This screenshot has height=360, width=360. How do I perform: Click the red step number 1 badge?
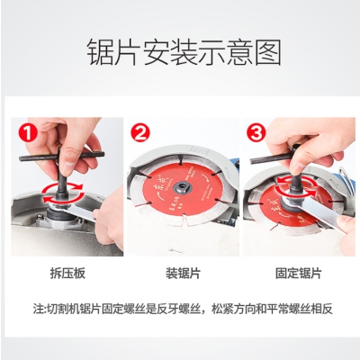pyautogui.click(x=27, y=133)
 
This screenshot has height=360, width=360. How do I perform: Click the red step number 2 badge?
pyautogui.click(x=140, y=133)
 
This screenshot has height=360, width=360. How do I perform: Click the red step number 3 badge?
pyautogui.click(x=256, y=133)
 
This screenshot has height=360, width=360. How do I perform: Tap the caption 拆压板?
pyautogui.click(x=67, y=274)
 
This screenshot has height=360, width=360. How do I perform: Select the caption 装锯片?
pyautogui.click(x=183, y=274)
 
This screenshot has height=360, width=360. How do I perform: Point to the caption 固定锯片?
pyautogui.click(x=299, y=274)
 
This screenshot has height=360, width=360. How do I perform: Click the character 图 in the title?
pyautogui.click(x=268, y=53)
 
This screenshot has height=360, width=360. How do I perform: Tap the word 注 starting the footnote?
pyautogui.click(x=39, y=310)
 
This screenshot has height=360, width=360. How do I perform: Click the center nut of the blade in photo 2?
pyautogui.click(x=182, y=188)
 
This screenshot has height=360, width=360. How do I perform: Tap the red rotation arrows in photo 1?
pyautogui.click(x=63, y=193)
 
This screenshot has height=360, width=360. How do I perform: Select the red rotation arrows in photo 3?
pyautogui.click(x=296, y=185)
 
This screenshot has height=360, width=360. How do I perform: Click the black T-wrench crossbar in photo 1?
pyautogui.click(x=61, y=157)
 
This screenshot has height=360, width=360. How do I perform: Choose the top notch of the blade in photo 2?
pyautogui.click(x=180, y=159)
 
